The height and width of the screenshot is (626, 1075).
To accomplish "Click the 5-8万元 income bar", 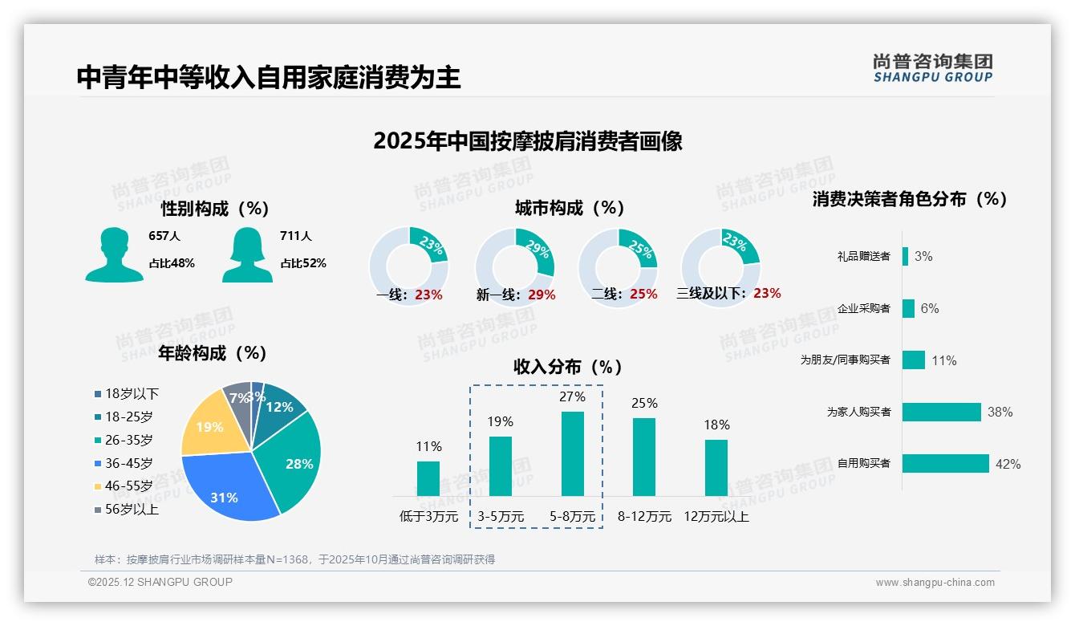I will (572, 453).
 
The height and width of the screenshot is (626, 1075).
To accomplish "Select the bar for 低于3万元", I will (428, 478).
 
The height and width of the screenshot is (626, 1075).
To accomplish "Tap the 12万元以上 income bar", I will (716, 467).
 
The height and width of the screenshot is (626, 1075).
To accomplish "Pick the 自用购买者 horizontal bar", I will (946, 463).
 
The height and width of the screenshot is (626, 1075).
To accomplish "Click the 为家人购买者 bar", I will (942, 412).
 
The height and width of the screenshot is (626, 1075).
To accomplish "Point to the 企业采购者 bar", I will (909, 308).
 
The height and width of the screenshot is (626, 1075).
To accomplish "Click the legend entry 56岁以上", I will (127, 510).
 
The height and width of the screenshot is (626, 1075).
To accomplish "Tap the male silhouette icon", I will (115, 255).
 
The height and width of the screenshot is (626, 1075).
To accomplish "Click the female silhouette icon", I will (247, 255).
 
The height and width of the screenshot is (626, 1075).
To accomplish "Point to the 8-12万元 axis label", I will (644, 517).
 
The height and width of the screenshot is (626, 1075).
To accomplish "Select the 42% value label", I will (1008, 464).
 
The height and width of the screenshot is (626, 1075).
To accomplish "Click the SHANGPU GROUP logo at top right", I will (932, 68).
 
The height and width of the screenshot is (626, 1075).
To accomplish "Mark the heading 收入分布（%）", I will (568, 368).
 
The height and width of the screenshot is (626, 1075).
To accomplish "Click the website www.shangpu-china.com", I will (935, 583).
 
